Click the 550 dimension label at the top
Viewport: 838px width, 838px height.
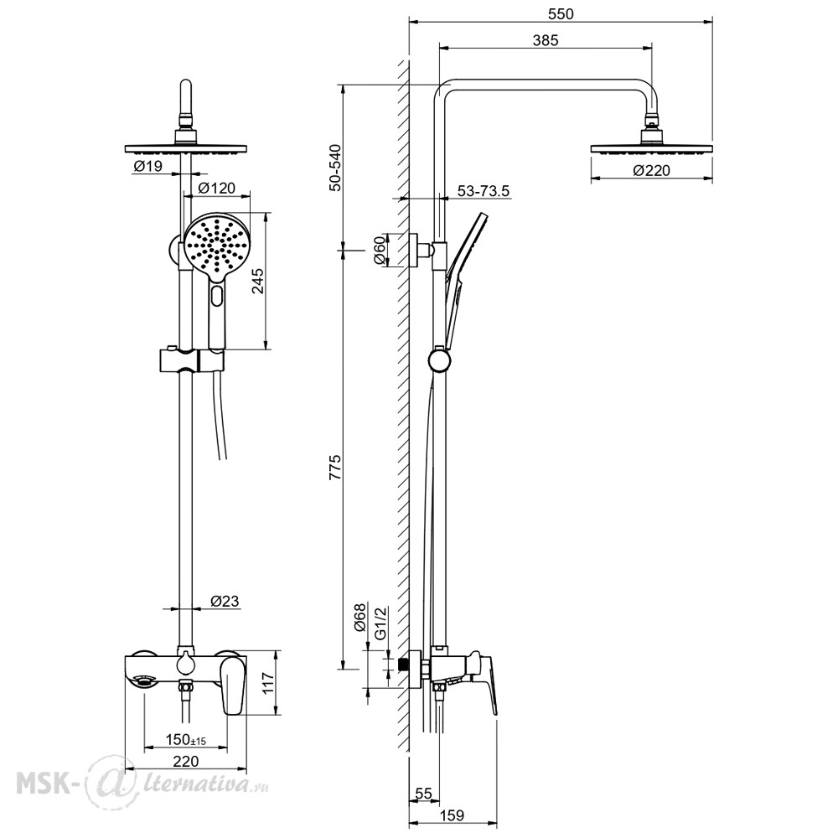click(561, 14)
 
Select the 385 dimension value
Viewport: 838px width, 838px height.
click(546, 40)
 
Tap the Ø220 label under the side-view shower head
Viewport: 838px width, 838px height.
click(651, 170)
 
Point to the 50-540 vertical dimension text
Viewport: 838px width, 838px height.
click(335, 168)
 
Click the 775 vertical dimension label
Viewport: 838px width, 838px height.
click(335, 468)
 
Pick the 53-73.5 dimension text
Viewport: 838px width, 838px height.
click(484, 191)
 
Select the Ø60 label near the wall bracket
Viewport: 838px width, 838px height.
click(379, 251)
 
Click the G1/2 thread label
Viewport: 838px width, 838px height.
click(380, 623)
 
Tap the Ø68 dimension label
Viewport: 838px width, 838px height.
click(360, 617)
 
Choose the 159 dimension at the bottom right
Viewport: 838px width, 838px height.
click(453, 815)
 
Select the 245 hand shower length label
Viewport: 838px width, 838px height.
click(257, 281)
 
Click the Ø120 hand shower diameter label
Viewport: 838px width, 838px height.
click(216, 188)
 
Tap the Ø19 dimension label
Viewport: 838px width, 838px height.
click(147, 166)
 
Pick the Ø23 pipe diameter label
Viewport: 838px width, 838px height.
click(225, 601)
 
